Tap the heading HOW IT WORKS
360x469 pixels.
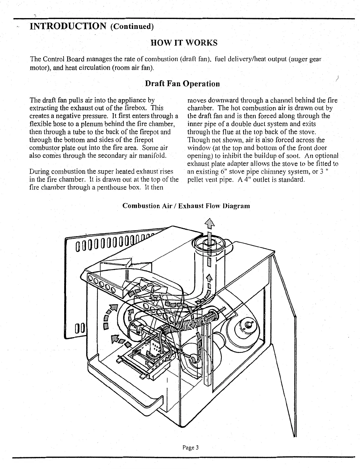click(x=184, y=43)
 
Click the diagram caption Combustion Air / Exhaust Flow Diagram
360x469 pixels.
click(x=186, y=206)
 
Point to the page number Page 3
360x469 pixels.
click(x=190, y=448)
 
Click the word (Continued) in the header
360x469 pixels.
click(x=132, y=27)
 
